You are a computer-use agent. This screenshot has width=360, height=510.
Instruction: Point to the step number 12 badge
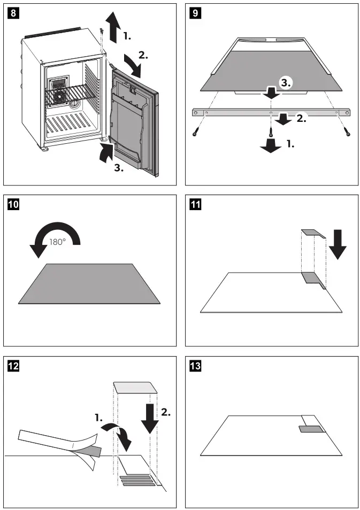coord(13,367)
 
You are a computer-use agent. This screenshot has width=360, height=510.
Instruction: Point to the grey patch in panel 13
coord(311,429)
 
